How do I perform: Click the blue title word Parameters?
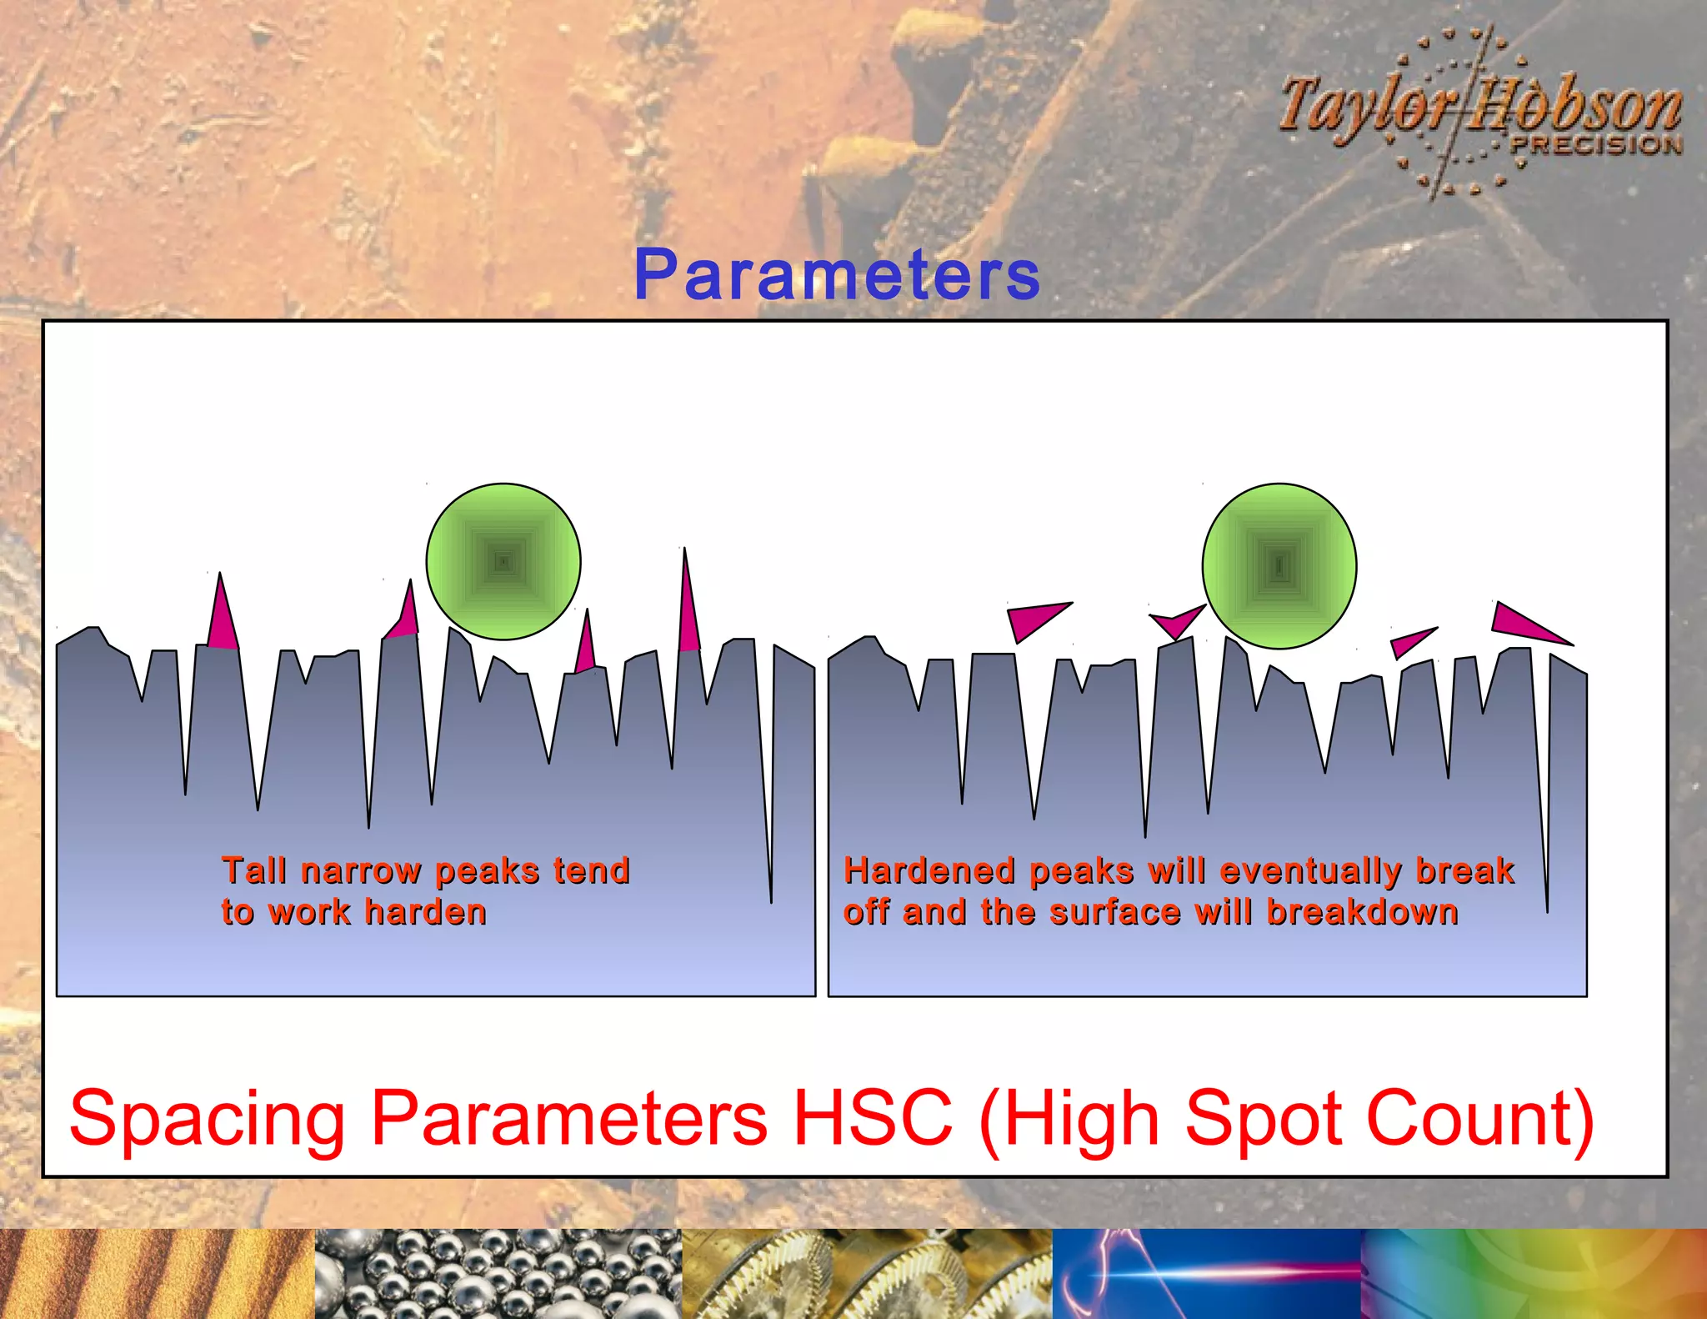click(837, 275)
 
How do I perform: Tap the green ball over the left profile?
click(503, 561)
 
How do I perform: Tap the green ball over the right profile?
click(1279, 566)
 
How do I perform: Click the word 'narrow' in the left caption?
click(361, 871)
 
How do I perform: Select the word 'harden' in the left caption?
click(425, 913)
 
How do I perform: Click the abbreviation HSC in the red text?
click(872, 1117)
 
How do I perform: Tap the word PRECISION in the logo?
click(1596, 145)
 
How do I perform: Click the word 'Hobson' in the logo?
click(1575, 107)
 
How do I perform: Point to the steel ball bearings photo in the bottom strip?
click(498, 1273)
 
